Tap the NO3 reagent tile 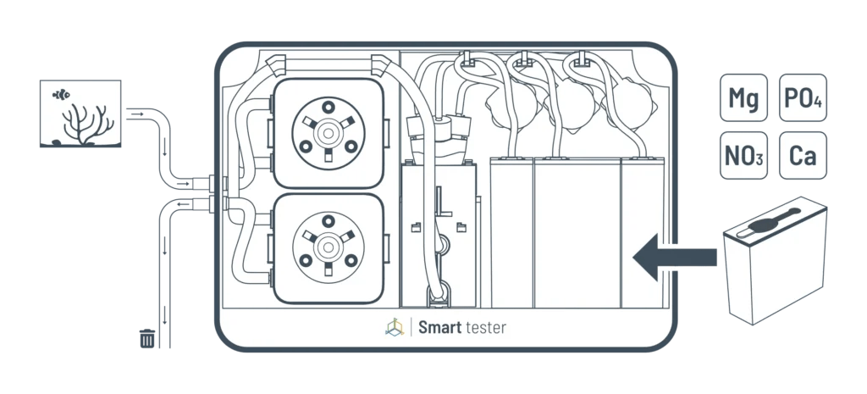pos(743,156)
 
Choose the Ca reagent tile pos(803,156)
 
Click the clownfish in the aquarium pos(61,94)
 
